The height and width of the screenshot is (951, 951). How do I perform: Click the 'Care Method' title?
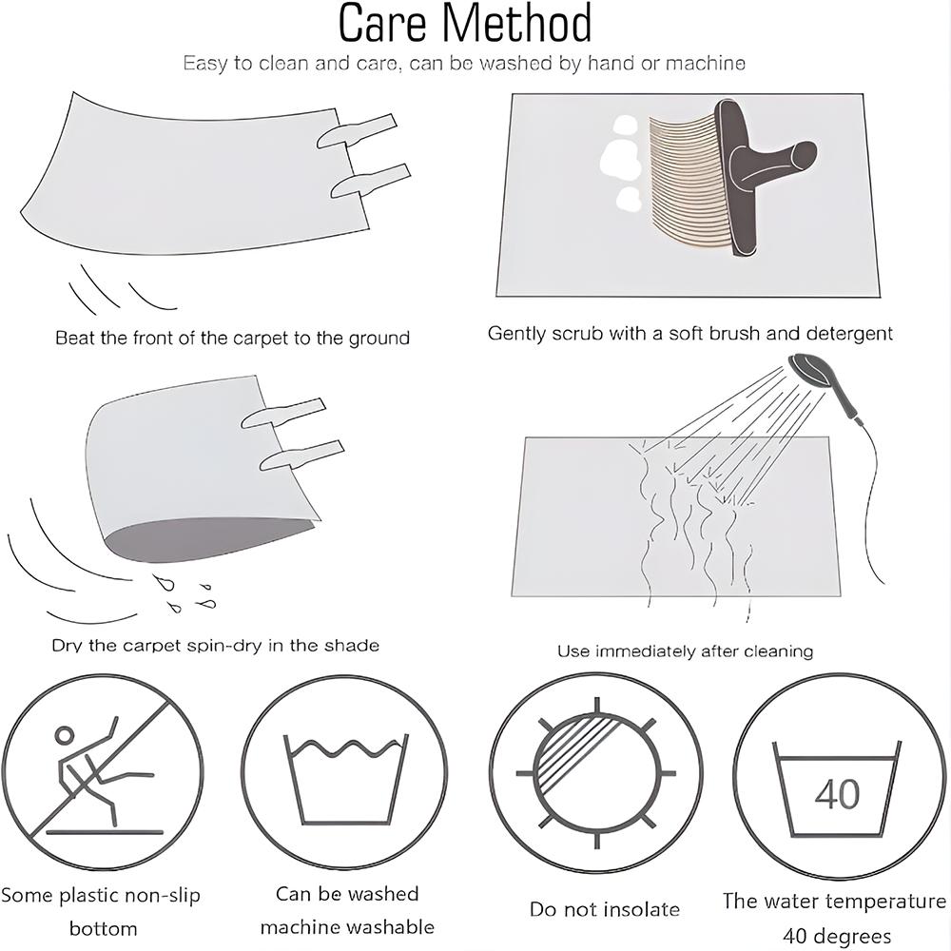(465, 24)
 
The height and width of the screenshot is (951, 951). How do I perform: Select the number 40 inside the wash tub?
(837, 793)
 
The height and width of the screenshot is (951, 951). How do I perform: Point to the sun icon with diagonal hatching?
(595, 772)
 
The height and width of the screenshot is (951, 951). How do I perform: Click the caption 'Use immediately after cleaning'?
(686, 650)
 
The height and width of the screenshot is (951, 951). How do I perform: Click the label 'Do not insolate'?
(604, 908)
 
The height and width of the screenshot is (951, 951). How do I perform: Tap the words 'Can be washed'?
(347, 893)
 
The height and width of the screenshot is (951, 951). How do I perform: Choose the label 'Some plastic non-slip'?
(101, 895)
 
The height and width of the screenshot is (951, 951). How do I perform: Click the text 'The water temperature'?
(834, 902)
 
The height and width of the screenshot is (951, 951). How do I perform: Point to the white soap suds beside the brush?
(621, 165)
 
